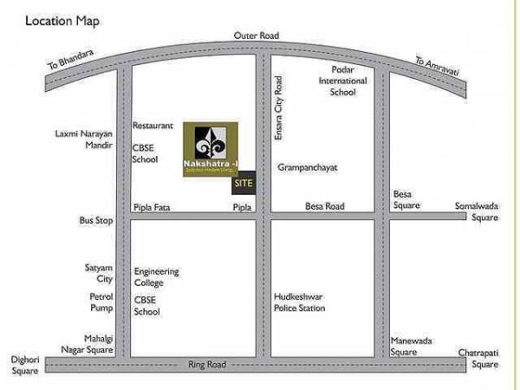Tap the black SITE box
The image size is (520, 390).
pos(244,184)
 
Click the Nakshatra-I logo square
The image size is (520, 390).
pos(213,150)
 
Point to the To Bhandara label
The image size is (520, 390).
pos(69,62)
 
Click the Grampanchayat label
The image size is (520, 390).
pos(307,166)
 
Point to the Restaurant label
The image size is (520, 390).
pos(153,126)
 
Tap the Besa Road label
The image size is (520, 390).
pos(325,206)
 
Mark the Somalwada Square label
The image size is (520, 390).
pos(478,211)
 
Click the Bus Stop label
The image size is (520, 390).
pos(96,221)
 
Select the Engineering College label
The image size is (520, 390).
pos(157,277)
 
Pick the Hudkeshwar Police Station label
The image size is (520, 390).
pos(300,302)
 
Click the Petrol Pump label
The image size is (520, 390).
pos(102,302)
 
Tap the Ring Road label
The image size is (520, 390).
pos(207,365)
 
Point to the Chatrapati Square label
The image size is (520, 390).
pos(478,357)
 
